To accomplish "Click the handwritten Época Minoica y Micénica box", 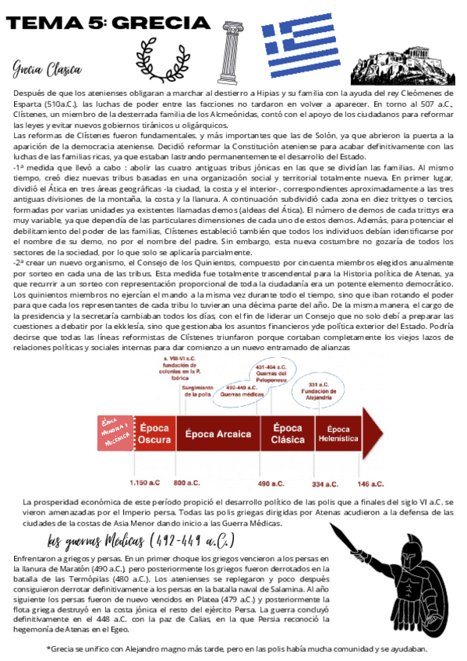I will (115, 432).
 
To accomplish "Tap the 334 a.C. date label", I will (324, 483).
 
